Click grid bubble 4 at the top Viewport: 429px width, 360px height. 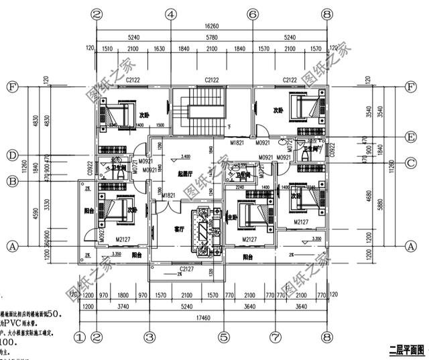point(171,14)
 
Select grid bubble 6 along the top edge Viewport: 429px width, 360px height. point(253,14)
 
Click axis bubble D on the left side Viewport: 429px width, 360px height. point(11,156)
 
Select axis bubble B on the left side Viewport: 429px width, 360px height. point(11,181)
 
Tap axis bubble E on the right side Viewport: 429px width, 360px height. point(412,139)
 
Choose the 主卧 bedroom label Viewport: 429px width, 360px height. point(232,217)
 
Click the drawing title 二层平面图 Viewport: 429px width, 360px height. point(407,349)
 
